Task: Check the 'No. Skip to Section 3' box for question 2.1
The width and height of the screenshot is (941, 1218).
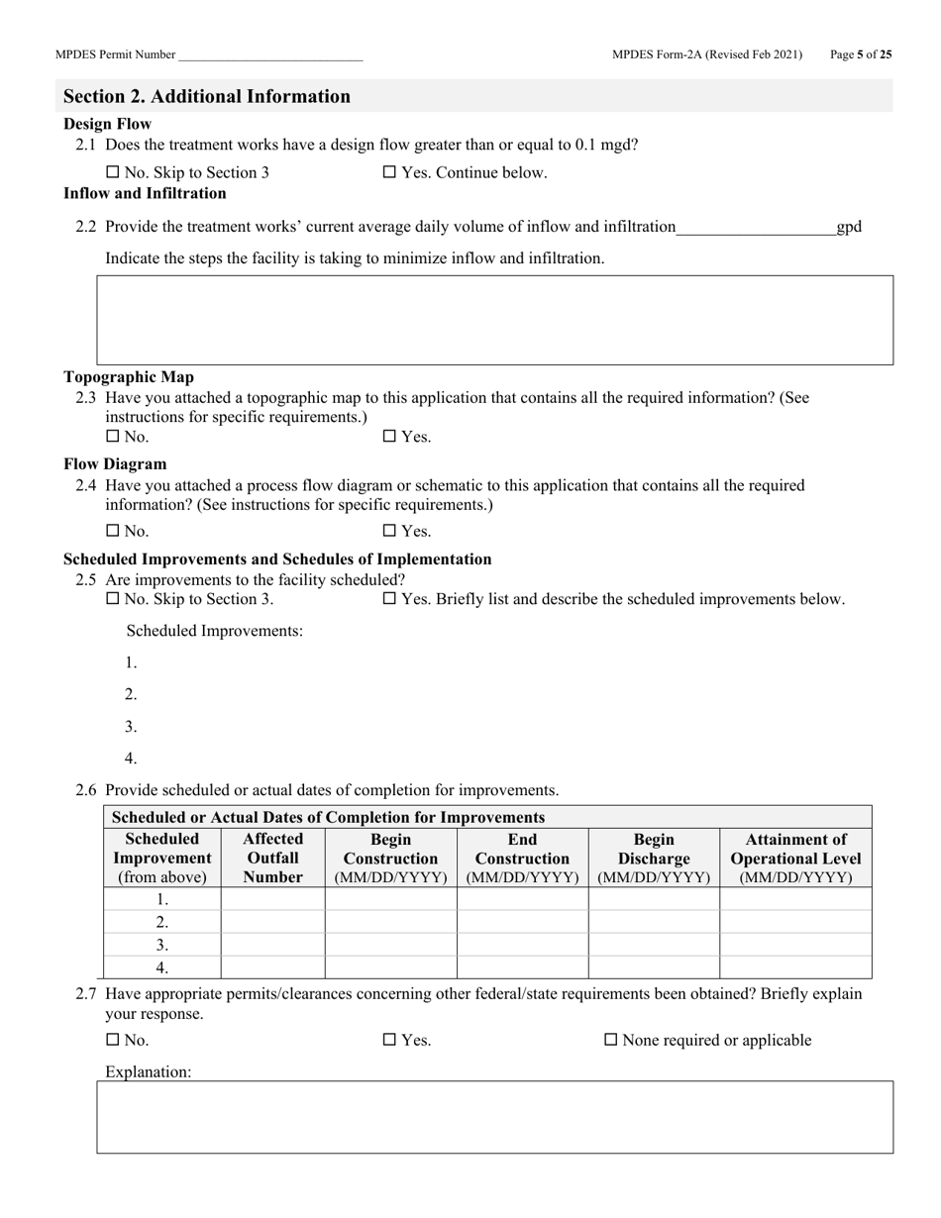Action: coord(112,173)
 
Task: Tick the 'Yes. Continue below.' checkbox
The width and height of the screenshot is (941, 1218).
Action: coord(389,173)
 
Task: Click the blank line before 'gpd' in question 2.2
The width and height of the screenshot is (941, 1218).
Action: coord(756,228)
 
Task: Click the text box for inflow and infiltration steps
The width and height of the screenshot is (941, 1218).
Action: coord(494,320)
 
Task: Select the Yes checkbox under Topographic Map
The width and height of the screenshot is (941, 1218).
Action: coord(389,437)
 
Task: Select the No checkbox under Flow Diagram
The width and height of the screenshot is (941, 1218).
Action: coord(112,532)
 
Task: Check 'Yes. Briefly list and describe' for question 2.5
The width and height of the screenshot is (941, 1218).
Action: coord(389,599)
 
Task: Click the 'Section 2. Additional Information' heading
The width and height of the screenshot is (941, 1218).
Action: coord(207,97)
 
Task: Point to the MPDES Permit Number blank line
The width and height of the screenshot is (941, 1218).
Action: coord(270,56)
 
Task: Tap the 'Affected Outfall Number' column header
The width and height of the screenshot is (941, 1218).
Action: coord(272,858)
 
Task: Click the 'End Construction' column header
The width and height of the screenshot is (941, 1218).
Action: coord(522,858)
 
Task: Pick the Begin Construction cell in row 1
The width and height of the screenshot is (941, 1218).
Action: coord(390,899)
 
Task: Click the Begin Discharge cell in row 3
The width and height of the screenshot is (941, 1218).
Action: coord(654,945)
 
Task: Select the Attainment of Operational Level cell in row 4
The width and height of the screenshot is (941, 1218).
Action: coord(795,967)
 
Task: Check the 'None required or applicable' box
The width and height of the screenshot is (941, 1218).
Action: coord(611,1041)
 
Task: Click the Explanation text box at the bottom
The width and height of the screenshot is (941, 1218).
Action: coord(494,1117)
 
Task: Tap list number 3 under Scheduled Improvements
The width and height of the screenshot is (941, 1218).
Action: coord(131,727)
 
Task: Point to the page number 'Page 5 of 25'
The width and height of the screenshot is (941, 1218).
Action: coord(860,55)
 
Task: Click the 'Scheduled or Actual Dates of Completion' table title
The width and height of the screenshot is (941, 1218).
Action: coord(329,818)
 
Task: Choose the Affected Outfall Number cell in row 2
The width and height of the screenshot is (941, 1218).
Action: coord(272,922)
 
